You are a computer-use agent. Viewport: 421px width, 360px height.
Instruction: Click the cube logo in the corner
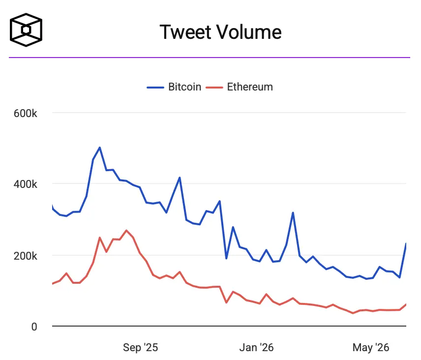[x=26, y=30]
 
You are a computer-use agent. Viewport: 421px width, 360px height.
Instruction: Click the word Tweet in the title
[x=185, y=32]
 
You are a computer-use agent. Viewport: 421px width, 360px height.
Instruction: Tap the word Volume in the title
[x=249, y=32]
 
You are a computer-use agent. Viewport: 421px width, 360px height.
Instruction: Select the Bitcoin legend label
[x=185, y=87]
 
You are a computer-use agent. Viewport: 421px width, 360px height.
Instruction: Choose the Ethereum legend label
[x=250, y=87]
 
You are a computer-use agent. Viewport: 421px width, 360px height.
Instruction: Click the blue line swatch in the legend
[x=155, y=88]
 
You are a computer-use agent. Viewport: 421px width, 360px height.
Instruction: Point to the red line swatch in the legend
[x=214, y=88]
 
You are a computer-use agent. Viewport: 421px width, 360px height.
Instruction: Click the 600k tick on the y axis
[x=25, y=113]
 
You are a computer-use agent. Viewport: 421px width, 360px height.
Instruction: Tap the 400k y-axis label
[x=25, y=184]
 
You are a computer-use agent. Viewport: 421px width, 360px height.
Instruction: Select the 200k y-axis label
[x=25, y=256]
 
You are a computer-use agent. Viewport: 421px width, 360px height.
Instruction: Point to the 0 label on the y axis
[x=34, y=327]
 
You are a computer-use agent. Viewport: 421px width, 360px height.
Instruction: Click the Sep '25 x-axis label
[x=141, y=347]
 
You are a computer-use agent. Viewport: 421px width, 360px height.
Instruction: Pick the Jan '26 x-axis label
[x=256, y=347]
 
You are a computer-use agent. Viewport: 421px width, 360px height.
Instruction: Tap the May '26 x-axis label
[x=371, y=347]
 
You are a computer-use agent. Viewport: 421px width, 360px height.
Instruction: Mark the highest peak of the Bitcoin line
[x=100, y=148]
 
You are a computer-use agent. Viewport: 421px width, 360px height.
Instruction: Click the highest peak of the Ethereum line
[x=126, y=230]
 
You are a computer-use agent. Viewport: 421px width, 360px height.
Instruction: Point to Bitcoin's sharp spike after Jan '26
[x=293, y=212]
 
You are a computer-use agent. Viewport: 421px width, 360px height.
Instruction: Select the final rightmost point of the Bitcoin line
[x=406, y=243]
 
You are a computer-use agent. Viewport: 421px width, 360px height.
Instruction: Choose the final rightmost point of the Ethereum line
[x=406, y=304]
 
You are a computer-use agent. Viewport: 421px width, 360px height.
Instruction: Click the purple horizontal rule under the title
[x=210, y=57]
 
